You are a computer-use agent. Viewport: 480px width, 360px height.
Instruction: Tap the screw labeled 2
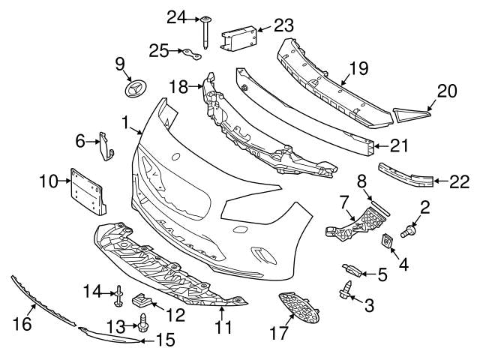click(x=410, y=231)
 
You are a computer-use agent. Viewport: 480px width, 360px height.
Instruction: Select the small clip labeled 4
click(x=388, y=240)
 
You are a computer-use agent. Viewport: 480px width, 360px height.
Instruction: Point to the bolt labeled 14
click(x=118, y=298)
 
